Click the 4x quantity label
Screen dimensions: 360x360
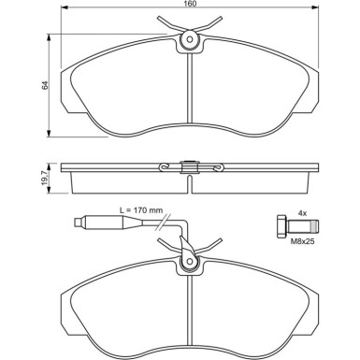(302, 212)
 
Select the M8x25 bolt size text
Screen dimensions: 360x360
(302, 240)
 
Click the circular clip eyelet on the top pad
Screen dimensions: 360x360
(190, 39)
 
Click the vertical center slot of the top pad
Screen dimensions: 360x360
(190, 94)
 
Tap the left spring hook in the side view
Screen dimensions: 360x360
(166, 168)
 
